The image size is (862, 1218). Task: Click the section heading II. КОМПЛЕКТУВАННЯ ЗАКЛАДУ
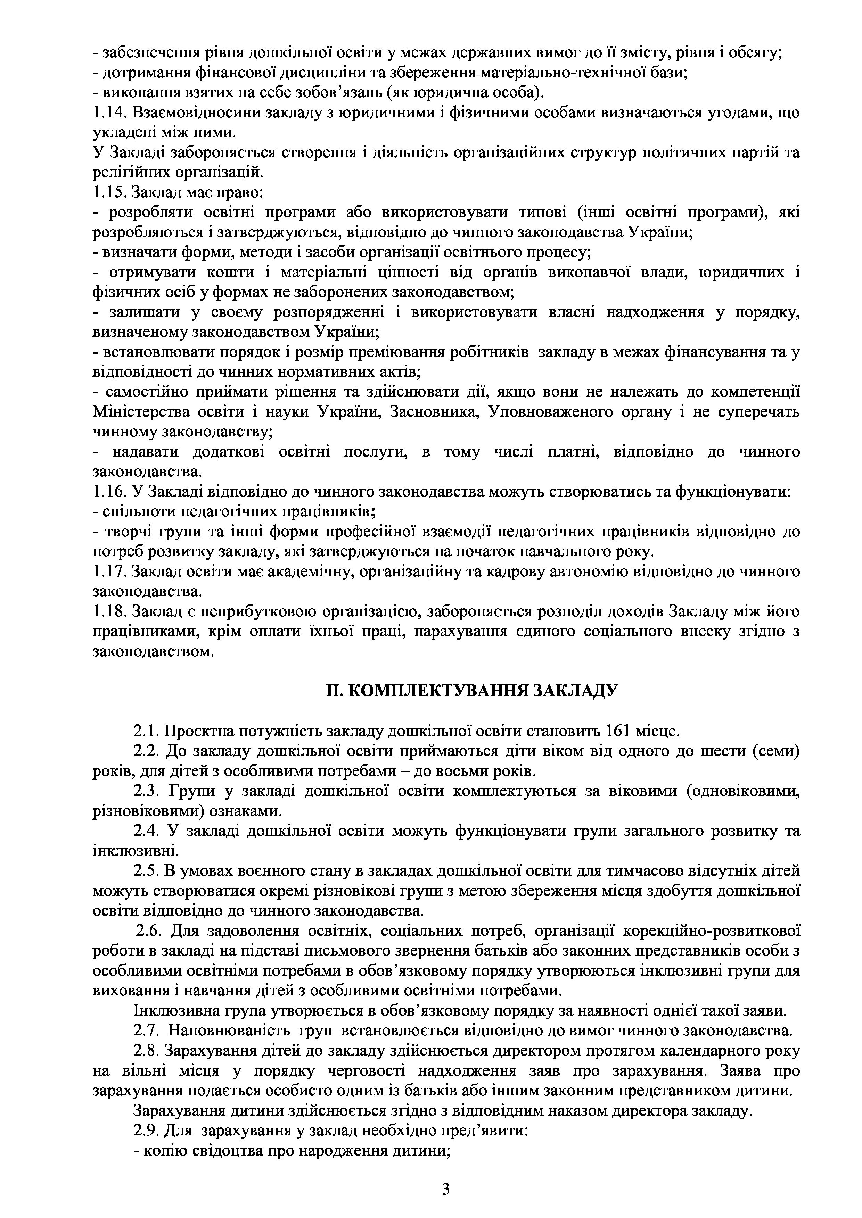pos(471,690)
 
